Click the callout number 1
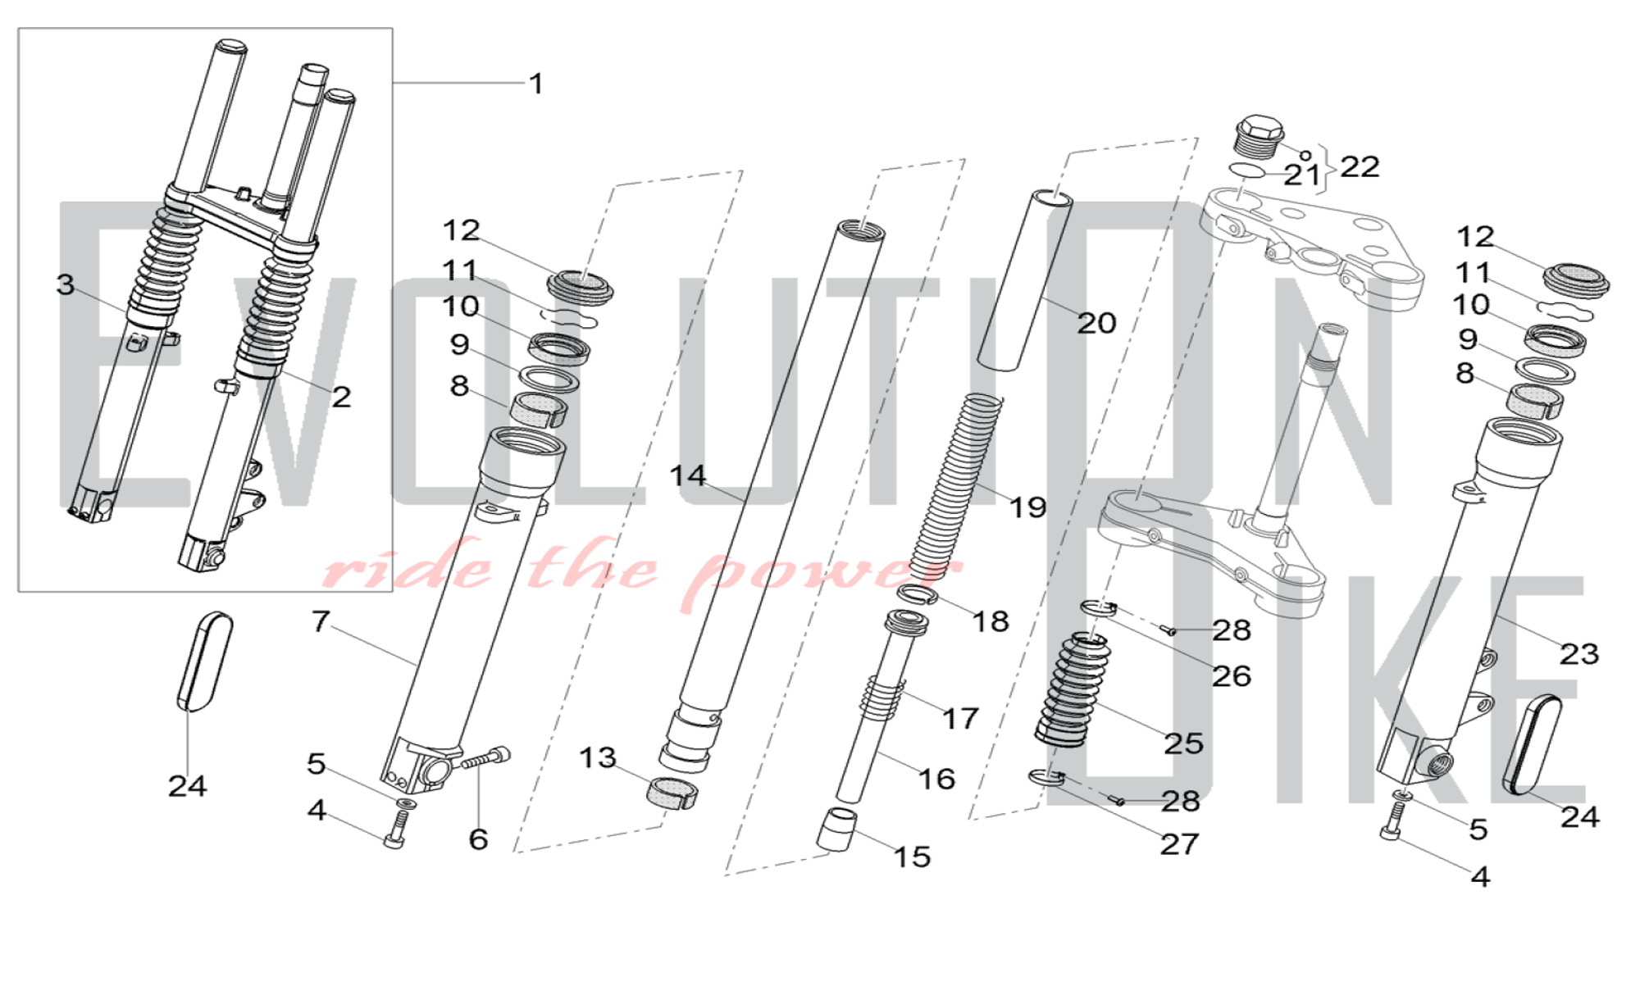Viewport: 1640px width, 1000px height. pyautogui.click(x=536, y=84)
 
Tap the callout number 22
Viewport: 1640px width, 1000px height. pyautogui.click(x=1360, y=167)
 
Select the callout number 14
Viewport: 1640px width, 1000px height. pyautogui.click(x=687, y=475)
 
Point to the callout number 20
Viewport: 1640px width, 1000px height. pyautogui.click(x=1096, y=323)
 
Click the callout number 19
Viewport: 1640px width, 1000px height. pyautogui.click(x=1027, y=507)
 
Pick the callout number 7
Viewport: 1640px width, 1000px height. pyautogui.click(x=320, y=621)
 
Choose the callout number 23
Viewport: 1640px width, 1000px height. pyautogui.click(x=1578, y=654)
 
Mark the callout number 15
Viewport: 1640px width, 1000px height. pyautogui.click(x=912, y=857)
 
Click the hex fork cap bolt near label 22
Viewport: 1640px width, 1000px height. pyautogui.click(x=1258, y=135)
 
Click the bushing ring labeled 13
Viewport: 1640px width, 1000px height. pyautogui.click(x=672, y=793)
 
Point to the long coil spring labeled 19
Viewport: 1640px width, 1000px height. pyautogui.click(x=955, y=484)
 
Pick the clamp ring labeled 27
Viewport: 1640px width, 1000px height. pyautogui.click(x=1046, y=776)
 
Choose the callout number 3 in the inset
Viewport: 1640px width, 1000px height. pyautogui.click(x=66, y=285)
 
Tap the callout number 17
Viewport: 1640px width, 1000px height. pyautogui.click(x=959, y=719)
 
